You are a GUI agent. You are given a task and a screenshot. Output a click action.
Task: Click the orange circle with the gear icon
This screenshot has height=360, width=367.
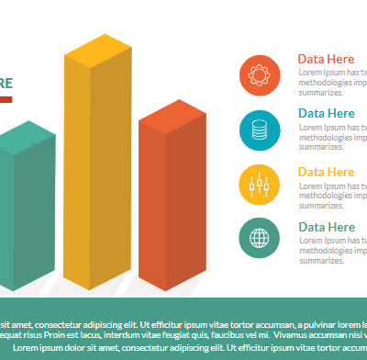260,74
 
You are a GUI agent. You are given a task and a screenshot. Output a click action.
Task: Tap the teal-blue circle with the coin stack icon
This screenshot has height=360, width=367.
260,129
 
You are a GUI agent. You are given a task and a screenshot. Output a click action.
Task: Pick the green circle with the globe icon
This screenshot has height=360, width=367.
260,238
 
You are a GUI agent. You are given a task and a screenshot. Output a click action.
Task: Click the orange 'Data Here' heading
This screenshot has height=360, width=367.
326,59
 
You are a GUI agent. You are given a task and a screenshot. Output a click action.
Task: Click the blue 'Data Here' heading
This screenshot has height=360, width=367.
326,113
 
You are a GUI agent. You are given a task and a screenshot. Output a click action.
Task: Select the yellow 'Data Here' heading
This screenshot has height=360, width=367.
326,172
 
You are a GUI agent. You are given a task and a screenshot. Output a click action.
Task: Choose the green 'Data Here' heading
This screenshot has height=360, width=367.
326,227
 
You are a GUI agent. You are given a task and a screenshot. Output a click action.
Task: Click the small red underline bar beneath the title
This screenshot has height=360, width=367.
5,98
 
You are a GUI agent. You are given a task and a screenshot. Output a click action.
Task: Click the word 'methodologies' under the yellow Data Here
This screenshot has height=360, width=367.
326,195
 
